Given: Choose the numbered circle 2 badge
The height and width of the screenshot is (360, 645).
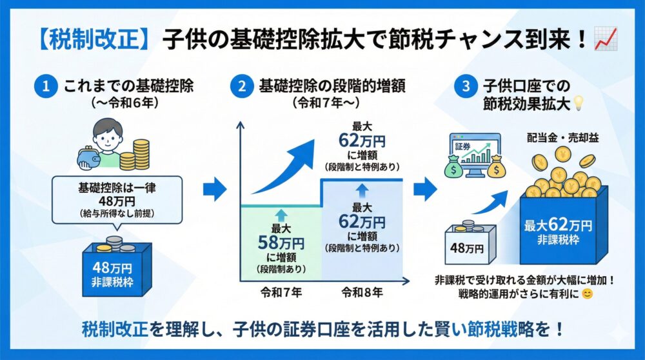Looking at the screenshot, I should pos(242,87).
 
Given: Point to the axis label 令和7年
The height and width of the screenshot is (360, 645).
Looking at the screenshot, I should pos(280,291).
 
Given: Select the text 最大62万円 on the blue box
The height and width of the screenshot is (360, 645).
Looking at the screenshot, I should pos(559,226).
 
